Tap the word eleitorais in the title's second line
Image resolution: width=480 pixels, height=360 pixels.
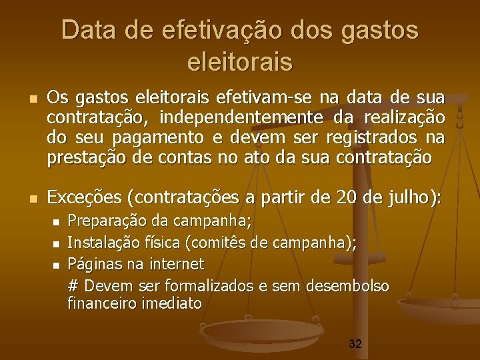pos(240,62)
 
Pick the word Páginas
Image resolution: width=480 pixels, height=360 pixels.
pos(92,265)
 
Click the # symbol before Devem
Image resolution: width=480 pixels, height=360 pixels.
pos(73,286)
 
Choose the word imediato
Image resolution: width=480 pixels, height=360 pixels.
pos(172,303)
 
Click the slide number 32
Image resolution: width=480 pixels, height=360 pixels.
pos(355,345)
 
